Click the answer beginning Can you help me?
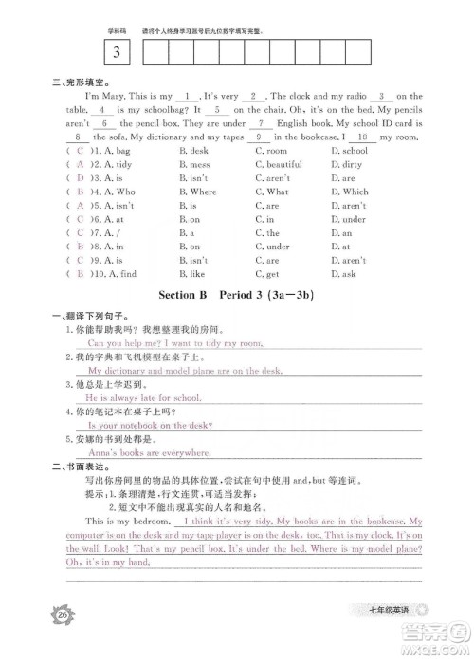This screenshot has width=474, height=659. coord(173,342)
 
